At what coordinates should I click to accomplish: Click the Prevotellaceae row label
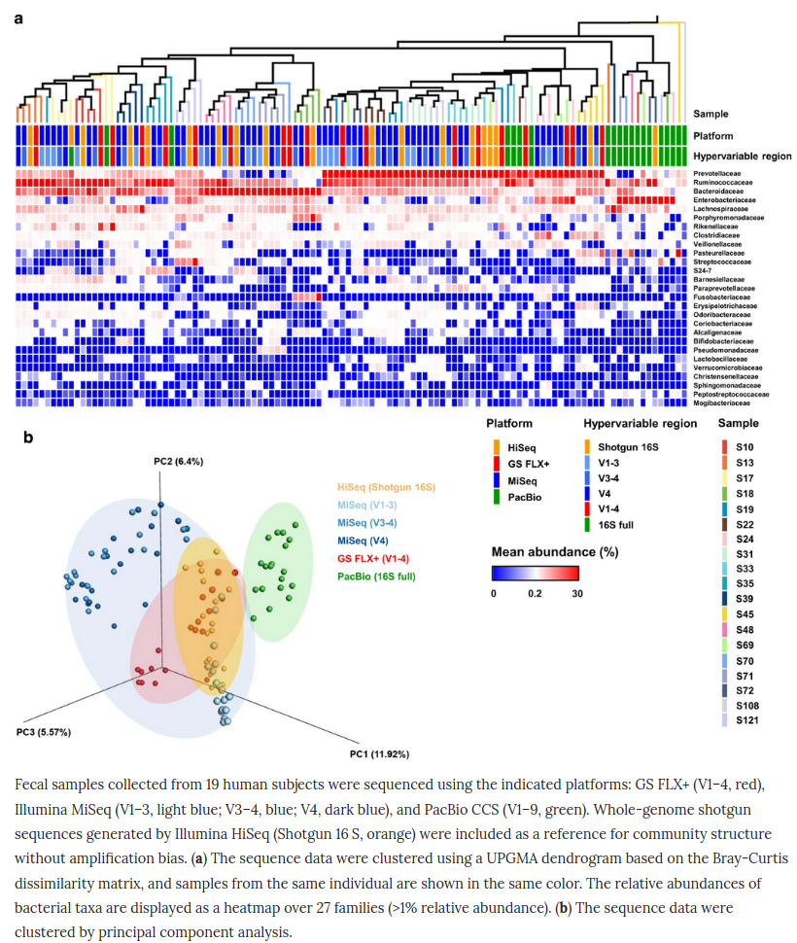tap(720, 172)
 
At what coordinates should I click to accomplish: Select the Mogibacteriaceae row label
tap(722, 402)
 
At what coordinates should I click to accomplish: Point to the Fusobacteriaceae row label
tap(721, 295)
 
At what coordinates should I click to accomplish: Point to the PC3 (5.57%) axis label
tap(44, 731)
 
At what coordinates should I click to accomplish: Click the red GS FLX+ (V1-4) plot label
tap(372, 559)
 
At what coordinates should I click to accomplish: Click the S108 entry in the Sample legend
tap(748, 704)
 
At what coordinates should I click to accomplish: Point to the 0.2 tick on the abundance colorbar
tap(537, 593)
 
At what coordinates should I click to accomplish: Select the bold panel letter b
tap(29, 437)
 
